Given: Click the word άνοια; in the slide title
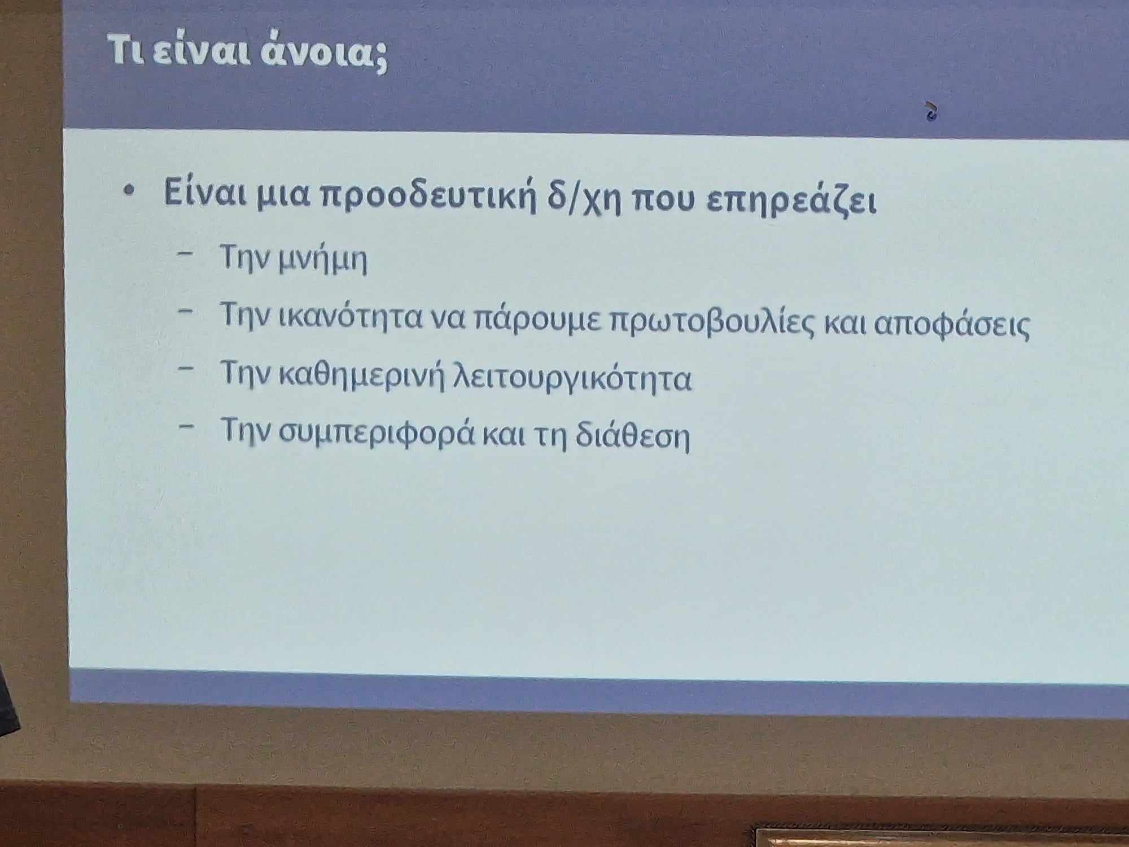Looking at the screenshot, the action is click(x=324, y=54).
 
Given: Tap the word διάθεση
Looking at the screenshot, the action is click(x=633, y=435).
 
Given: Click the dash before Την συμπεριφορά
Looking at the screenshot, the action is click(x=186, y=426).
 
